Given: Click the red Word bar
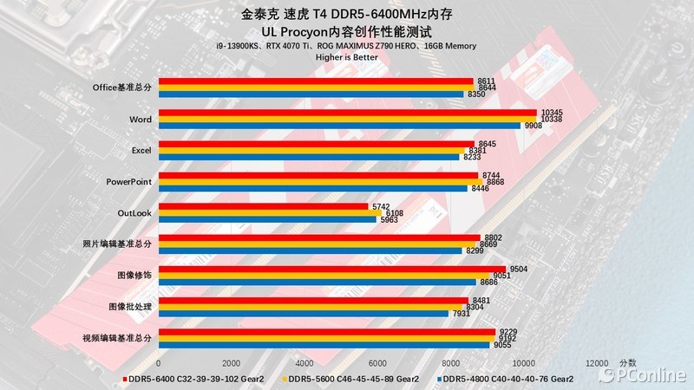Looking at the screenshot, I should point(347,113).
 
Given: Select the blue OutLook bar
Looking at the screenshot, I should point(267,219).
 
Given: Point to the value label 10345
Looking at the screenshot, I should point(552,113).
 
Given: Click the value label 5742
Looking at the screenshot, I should point(382,206).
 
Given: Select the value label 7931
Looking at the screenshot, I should point(462,313).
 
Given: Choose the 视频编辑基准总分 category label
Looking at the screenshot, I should point(117,337).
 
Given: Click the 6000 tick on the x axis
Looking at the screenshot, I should point(377,362).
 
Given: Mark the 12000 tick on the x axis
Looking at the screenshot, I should point(596,362).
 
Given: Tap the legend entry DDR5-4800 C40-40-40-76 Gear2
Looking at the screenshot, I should point(507,379).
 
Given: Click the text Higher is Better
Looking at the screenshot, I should point(347,57).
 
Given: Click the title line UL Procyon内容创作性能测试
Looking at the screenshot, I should point(347,29).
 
